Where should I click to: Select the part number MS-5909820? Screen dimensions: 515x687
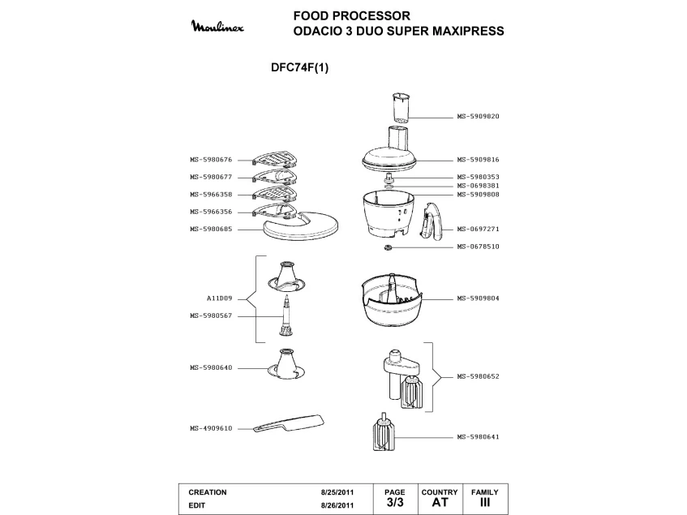478,116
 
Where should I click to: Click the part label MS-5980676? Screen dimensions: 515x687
211,160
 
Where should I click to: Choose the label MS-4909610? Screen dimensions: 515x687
211,428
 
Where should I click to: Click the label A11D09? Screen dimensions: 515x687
219,298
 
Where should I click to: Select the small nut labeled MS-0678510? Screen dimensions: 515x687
388,247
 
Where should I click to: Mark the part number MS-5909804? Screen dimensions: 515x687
478,298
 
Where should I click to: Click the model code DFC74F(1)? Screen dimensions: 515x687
299,68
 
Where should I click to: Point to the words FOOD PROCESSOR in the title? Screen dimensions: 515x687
352,15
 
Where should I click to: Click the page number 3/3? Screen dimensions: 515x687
395,503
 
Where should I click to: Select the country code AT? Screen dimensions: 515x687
440,503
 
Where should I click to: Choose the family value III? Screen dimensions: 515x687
485,503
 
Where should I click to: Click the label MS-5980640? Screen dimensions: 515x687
211,368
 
